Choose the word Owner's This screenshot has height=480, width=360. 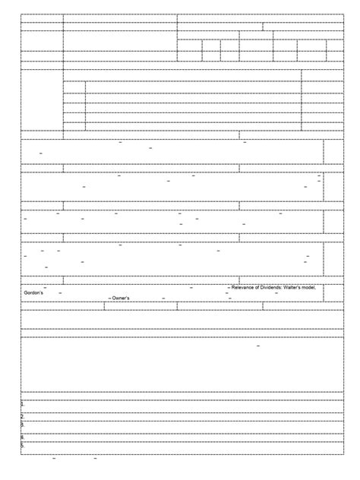(121, 298)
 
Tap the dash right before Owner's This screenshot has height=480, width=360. (109, 298)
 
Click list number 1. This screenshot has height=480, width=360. (23, 405)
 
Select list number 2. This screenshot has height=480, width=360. (23, 416)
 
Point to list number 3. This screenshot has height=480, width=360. (23, 425)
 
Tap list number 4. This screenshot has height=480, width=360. (23, 437)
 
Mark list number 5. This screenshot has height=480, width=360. (23, 446)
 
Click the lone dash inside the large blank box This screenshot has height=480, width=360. (259, 346)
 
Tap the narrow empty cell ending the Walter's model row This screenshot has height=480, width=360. (332, 292)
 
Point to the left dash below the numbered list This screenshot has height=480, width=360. (54, 459)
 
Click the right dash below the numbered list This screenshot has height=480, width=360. (96, 459)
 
